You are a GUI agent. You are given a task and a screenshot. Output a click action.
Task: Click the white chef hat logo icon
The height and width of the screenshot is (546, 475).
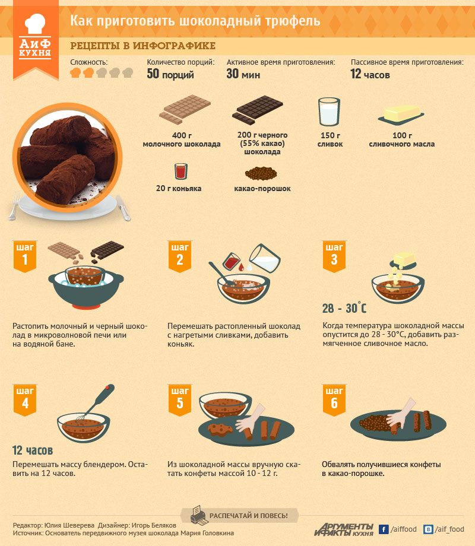(35, 24)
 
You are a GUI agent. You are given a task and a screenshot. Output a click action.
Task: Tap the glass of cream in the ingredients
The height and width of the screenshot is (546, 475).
(329, 112)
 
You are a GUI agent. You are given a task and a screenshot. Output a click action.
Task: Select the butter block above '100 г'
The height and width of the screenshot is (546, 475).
(401, 115)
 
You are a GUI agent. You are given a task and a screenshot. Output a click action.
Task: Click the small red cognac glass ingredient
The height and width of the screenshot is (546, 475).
(181, 171)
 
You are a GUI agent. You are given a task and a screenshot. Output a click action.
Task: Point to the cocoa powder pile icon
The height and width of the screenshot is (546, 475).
(261, 173)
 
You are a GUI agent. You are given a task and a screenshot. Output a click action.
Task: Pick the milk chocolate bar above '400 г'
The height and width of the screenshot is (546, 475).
(185, 109)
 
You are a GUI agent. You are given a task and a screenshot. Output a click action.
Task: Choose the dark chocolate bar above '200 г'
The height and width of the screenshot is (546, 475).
(258, 110)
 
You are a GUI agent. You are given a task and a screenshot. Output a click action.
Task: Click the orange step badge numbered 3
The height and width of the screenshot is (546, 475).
(334, 256)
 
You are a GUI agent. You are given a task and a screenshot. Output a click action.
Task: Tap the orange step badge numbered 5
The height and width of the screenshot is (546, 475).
(180, 400)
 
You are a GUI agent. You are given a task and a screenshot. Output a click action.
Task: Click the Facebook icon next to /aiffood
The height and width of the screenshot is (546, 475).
(384, 529)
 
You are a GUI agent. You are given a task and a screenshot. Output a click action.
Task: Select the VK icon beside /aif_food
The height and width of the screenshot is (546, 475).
(428, 529)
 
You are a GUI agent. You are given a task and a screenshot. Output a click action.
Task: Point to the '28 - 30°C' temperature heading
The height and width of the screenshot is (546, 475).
(344, 308)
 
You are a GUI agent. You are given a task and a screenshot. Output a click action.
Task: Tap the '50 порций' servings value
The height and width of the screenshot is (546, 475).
(170, 74)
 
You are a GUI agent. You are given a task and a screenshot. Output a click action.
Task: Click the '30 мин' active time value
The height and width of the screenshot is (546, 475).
(243, 74)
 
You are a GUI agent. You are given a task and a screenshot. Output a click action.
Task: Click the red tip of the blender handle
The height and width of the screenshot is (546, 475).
(110, 387)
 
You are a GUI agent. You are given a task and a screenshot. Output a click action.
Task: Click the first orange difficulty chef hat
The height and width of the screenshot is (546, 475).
(75, 73)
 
